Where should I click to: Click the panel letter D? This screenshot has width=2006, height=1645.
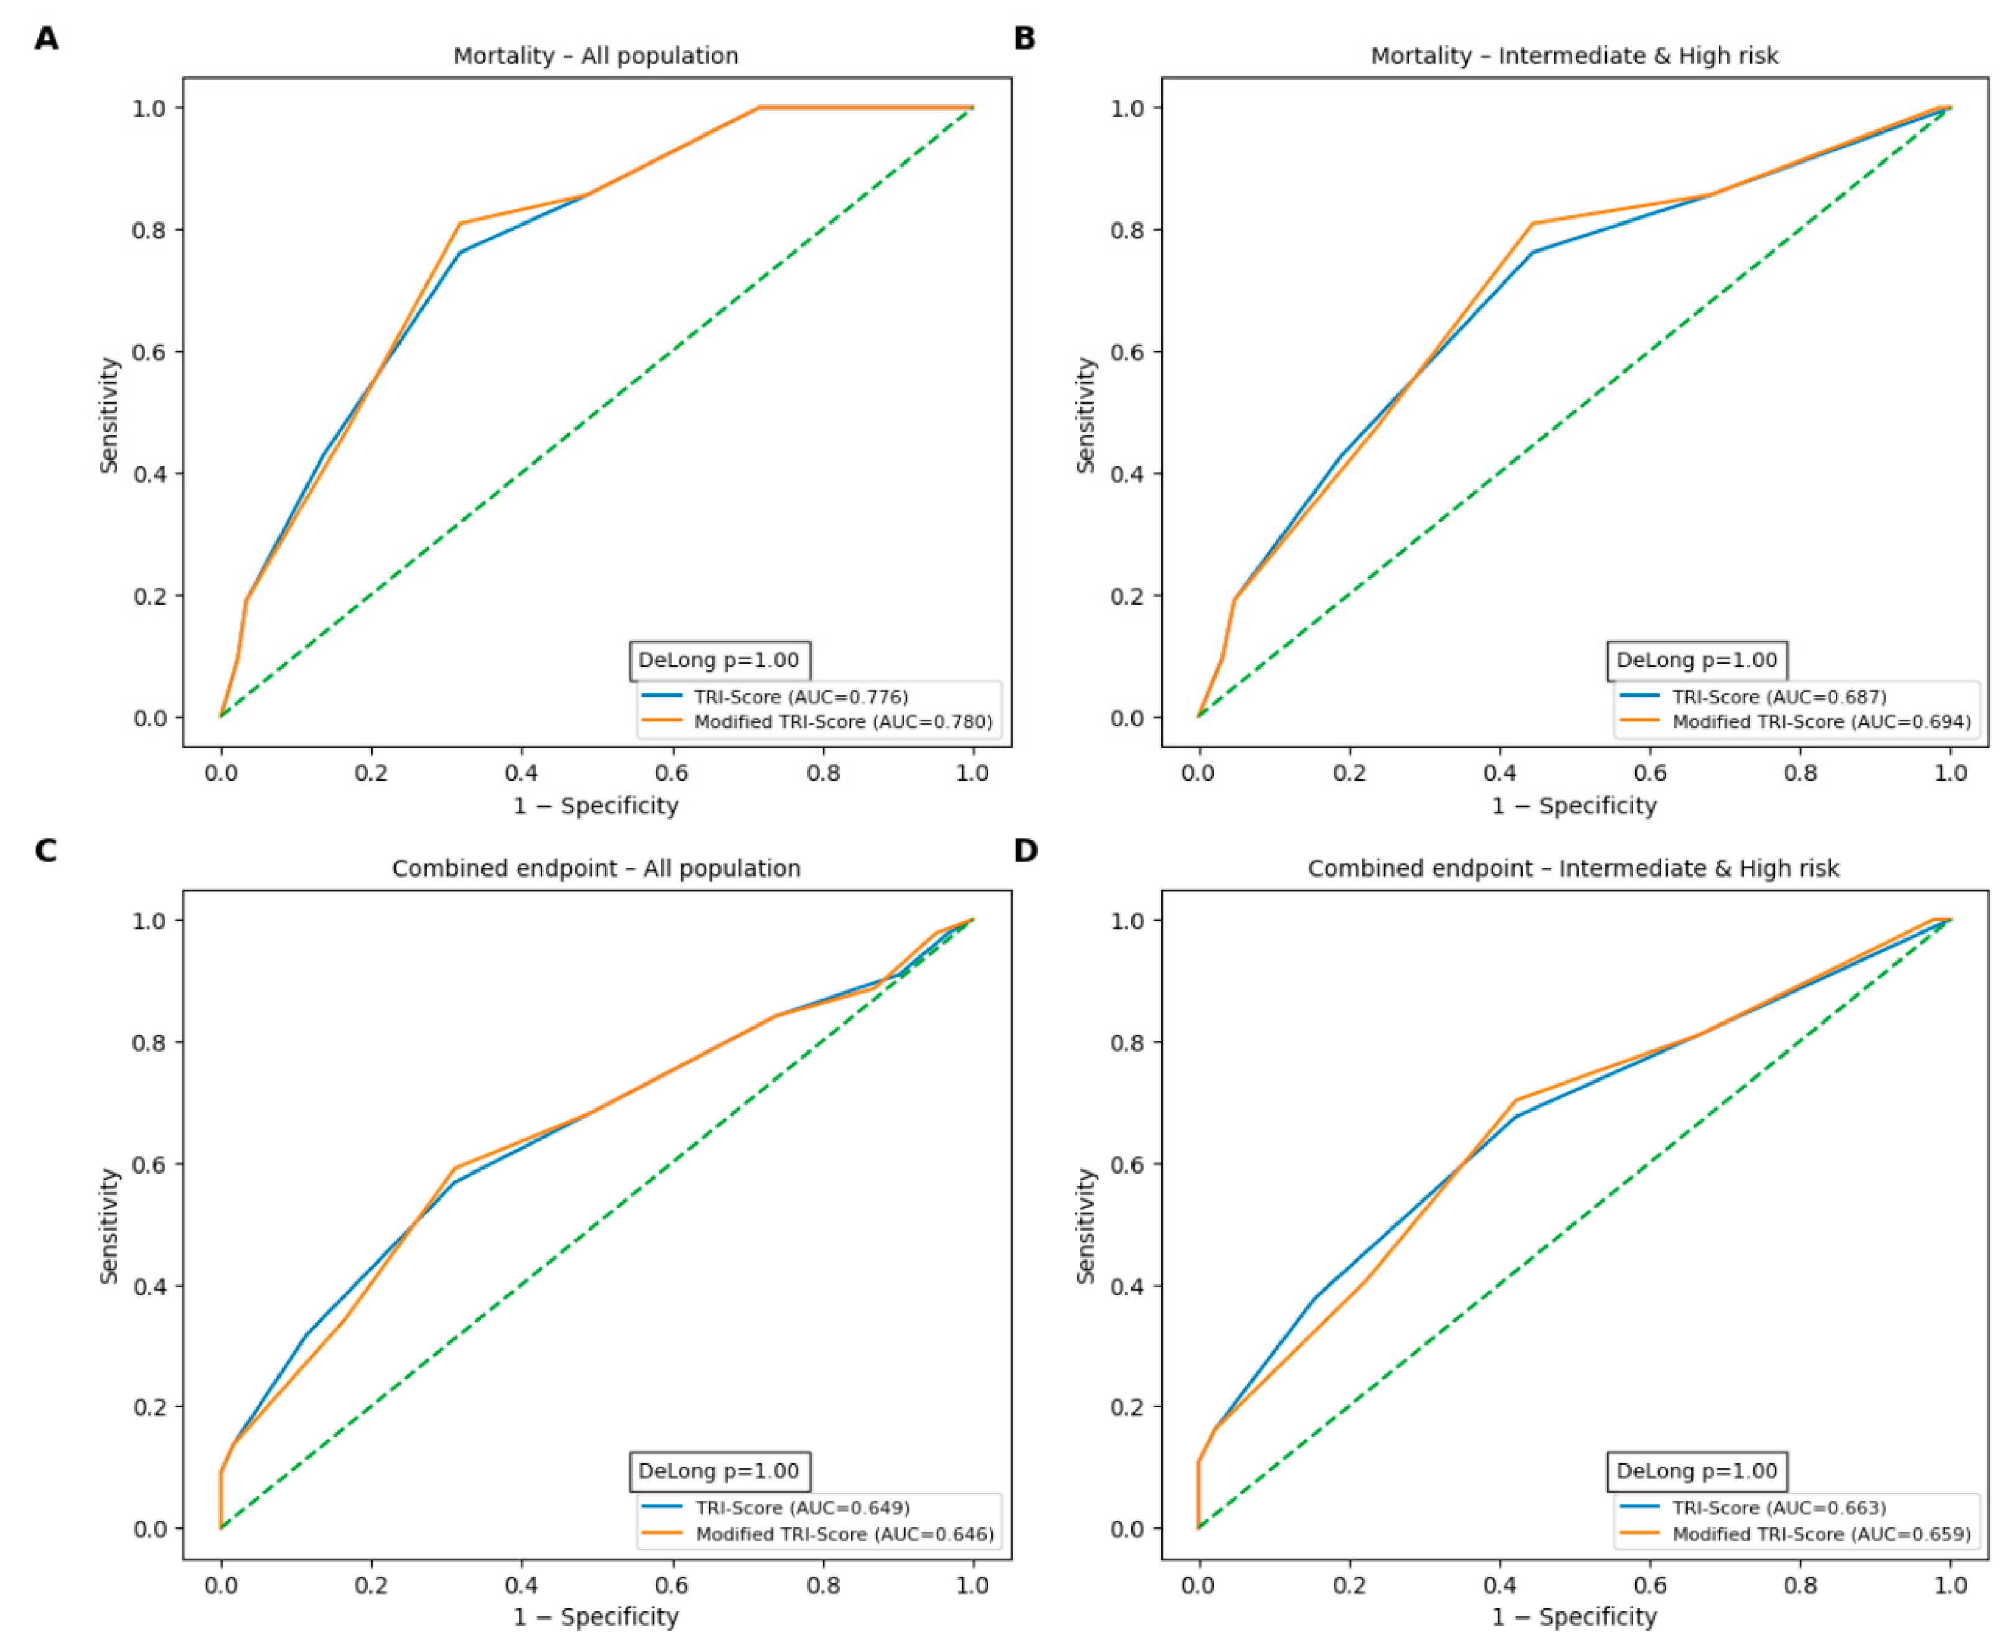pos(1025,850)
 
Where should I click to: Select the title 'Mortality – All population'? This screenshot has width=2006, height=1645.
pos(595,56)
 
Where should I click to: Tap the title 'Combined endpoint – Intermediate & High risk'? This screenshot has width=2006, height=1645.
pos(1573,868)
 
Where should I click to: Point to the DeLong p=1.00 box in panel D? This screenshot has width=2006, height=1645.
pos(1697,1471)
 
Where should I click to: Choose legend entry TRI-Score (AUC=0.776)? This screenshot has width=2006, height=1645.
pos(774,697)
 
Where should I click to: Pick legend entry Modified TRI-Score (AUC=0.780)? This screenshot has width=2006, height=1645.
pos(817,722)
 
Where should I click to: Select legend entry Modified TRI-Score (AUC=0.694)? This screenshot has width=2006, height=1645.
pos(1795,722)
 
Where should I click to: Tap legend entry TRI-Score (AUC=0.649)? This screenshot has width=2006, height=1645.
pos(774,1508)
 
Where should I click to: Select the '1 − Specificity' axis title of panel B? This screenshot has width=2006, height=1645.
pos(1574,807)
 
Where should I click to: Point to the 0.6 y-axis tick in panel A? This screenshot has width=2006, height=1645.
pos(152,353)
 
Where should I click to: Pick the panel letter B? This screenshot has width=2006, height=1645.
pos(1024,38)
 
